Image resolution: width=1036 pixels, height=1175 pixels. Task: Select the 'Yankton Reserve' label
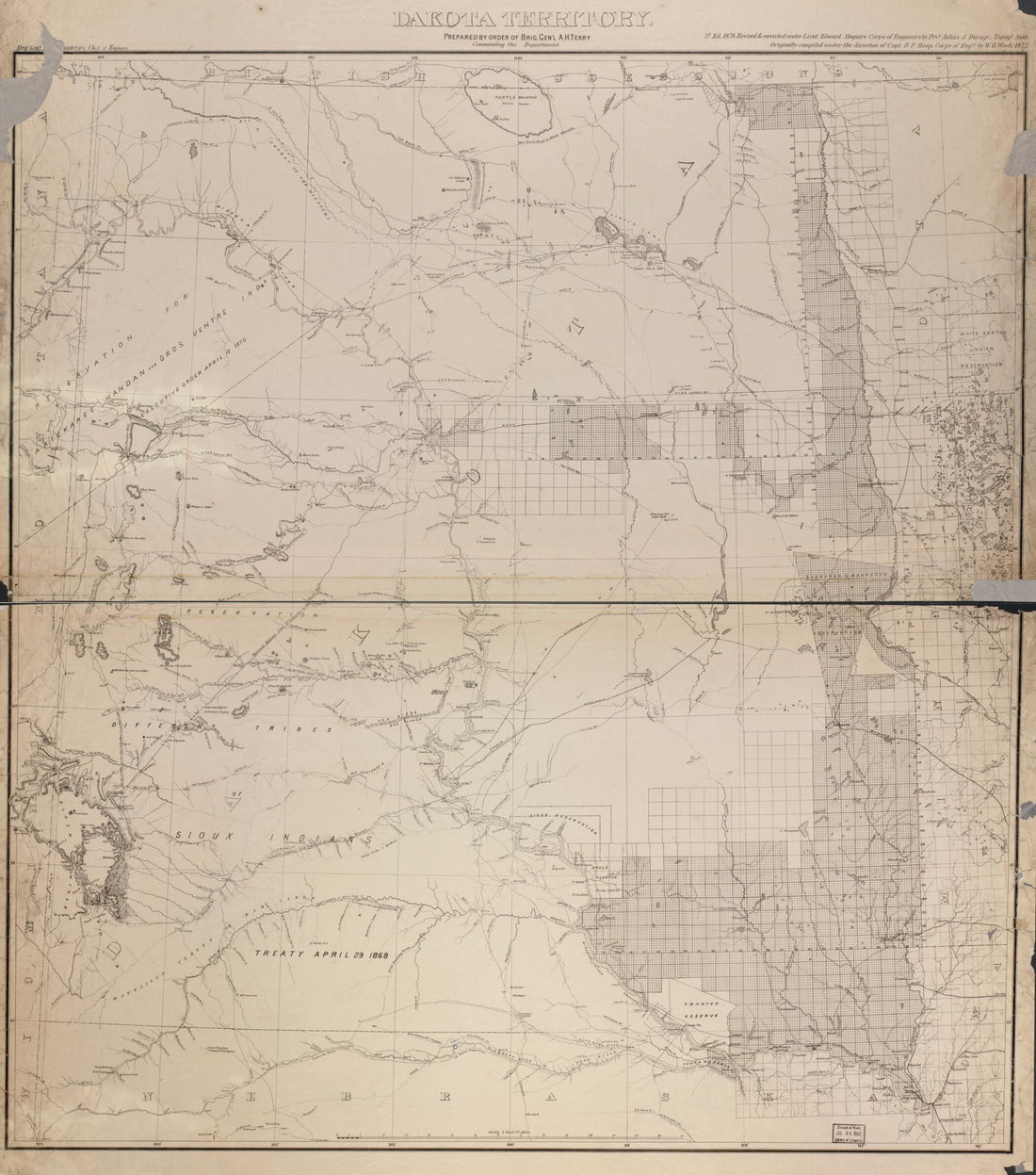[701, 1016]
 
